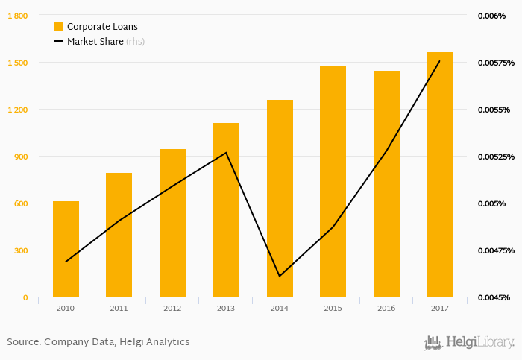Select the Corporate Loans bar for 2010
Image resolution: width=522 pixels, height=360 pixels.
pyautogui.click(x=66, y=249)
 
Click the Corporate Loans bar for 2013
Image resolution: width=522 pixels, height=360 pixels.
pyautogui.click(x=226, y=210)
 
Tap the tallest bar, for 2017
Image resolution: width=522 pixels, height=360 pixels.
pyautogui.click(x=440, y=174)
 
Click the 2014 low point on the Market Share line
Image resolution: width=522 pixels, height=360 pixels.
pyautogui.click(x=280, y=277)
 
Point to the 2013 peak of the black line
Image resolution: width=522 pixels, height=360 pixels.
pyautogui.click(x=226, y=153)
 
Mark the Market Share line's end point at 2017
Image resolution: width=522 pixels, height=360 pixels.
pyautogui.click(x=440, y=60)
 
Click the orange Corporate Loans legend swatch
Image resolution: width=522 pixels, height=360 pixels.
pyautogui.click(x=58, y=27)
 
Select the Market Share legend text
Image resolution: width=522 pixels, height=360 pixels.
pyautogui.click(x=95, y=42)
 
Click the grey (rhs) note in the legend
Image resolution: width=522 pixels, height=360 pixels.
pyautogui.click(x=135, y=42)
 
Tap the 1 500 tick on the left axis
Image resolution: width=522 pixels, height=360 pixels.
pyautogui.click(x=18, y=63)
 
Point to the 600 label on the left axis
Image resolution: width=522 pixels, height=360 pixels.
pyautogui.click(x=20, y=203)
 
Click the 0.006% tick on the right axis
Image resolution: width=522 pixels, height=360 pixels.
pyautogui.click(x=491, y=16)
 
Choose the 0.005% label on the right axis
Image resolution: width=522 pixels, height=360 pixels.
pyautogui.click(x=491, y=203)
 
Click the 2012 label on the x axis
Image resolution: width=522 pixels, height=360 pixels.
pyautogui.click(x=172, y=307)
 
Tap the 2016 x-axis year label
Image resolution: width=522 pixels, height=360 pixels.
pyautogui.click(x=386, y=307)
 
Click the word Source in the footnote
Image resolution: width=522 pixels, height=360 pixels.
pyautogui.click(x=22, y=342)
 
